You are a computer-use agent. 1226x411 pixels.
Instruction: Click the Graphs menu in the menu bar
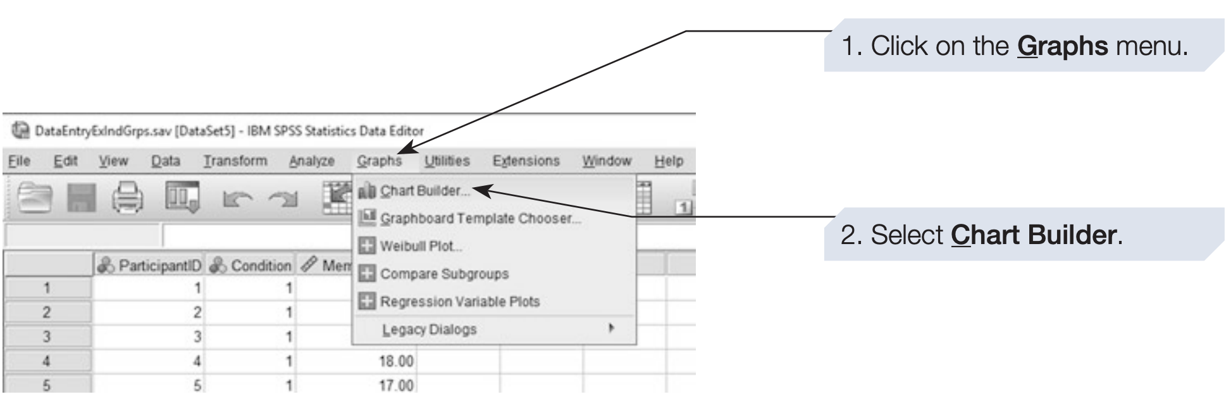379,161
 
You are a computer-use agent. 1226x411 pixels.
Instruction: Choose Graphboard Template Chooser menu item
480,219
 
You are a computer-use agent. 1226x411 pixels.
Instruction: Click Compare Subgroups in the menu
443,274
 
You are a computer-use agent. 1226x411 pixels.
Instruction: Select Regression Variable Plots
459,302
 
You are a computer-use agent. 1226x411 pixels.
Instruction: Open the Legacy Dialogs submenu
430,329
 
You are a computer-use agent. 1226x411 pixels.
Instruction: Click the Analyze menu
311,161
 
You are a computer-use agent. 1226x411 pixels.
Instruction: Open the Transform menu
235,161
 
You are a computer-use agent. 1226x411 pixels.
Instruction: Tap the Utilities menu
447,161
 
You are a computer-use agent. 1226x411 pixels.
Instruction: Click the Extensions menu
526,161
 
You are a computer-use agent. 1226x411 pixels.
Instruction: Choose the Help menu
668,161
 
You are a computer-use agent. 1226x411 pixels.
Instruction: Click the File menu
19,161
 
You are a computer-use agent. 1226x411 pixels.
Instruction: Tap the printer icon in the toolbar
128,198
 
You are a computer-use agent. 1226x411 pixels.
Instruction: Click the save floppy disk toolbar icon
81,198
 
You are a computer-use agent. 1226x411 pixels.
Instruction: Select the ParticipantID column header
149,266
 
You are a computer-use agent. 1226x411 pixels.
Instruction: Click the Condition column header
251,266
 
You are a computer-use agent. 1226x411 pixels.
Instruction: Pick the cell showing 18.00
395,361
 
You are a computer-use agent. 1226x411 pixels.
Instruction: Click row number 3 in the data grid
46,336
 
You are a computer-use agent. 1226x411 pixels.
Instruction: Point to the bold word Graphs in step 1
1062,46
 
